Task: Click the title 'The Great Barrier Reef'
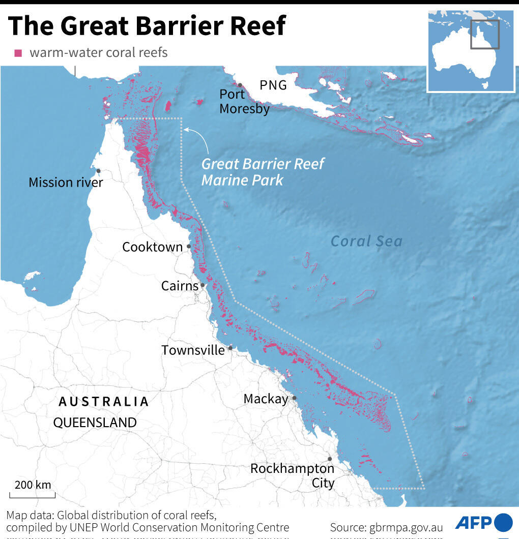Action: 147,25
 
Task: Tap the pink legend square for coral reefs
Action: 19,53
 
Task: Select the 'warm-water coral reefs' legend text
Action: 98,52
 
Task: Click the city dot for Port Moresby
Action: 239,85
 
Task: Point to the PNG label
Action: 273,85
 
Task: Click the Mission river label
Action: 66,182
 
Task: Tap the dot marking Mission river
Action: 98,171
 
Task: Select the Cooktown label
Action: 152,247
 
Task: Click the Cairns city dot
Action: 203,285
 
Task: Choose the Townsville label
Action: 193,350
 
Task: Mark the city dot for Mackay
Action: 294,398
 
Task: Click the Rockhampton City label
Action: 292,475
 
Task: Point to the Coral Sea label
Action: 366,241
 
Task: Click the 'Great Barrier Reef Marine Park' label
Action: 263,172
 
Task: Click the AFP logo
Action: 483,522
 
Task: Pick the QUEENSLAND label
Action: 95,423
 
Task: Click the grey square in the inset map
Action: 484,35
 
